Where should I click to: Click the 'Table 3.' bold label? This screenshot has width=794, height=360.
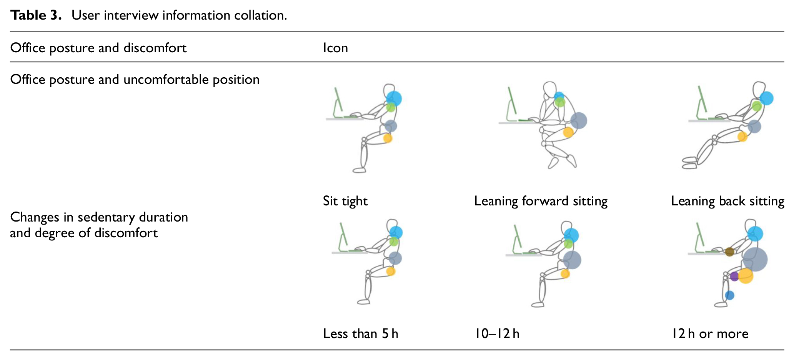[36, 15]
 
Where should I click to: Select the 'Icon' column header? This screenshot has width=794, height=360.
[335, 48]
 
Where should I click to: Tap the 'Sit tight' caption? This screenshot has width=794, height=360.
[345, 201]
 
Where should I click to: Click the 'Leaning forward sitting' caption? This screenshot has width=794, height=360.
[541, 201]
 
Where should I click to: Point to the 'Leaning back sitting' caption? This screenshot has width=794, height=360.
[727, 201]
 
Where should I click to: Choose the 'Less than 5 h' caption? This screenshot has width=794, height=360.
[361, 333]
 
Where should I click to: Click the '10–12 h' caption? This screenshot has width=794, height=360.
[497, 333]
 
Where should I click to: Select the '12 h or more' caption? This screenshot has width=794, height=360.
[710, 333]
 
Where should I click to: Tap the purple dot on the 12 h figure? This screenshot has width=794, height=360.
[734, 276]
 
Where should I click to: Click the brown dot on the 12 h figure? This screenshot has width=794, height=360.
[729, 252]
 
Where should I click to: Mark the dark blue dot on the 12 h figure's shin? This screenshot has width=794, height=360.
[729, 295]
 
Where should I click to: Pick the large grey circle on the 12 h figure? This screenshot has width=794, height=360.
[755, 260]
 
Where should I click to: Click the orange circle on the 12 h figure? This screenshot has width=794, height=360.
[745, 276]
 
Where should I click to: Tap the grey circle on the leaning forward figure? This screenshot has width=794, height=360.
[579, 120]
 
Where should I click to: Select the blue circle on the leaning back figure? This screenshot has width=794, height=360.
[766, 98]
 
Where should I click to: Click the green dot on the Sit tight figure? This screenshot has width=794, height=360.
[391, 107]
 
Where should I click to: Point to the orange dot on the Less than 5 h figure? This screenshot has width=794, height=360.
[391, 272]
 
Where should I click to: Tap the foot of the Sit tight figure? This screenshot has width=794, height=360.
[359, 170]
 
